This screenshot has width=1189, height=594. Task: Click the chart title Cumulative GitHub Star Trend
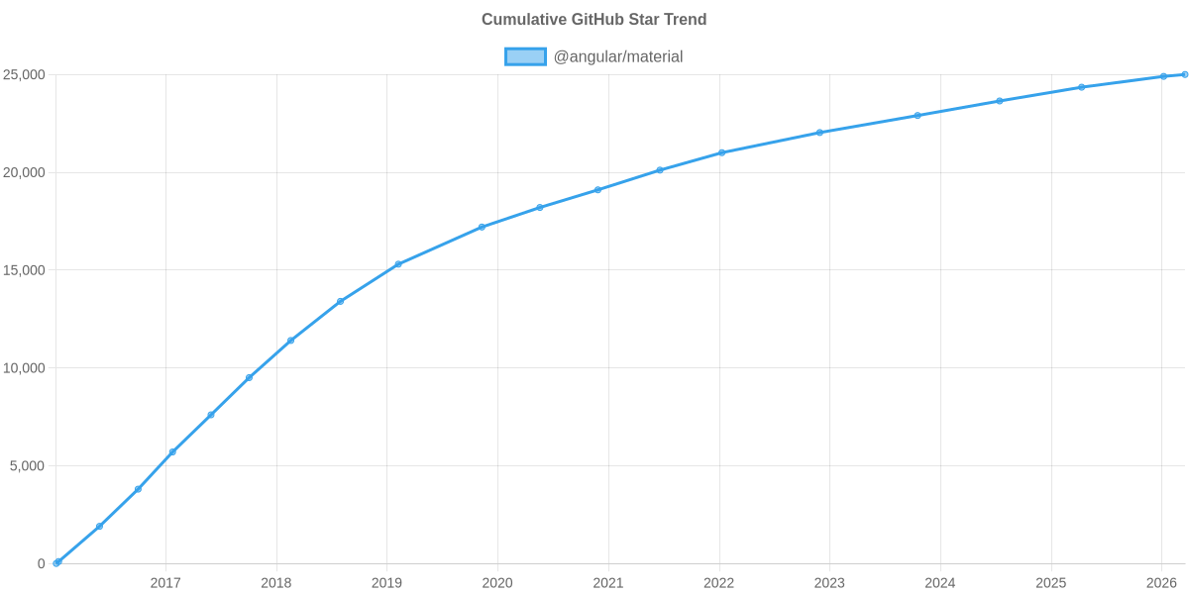(594, 20)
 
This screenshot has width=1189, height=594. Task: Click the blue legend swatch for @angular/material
(525, 56)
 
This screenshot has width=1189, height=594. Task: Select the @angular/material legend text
(617, 56)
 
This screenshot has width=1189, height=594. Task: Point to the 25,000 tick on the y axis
(25, 75)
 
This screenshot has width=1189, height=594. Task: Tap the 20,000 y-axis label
(25, 172)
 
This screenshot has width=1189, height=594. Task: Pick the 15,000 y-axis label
(25, 270)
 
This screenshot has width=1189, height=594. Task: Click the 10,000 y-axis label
(25, 368)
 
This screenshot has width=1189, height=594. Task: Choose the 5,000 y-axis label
(29, 465)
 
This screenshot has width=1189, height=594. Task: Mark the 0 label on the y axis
(42, 563)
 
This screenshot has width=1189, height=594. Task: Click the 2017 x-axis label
(165, 583)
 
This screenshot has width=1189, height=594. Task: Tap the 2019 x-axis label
(386, 583)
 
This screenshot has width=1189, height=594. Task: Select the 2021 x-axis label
(607, 583)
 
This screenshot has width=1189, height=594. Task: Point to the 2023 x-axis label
(829, 583)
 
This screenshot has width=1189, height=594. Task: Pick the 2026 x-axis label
(1160, 583)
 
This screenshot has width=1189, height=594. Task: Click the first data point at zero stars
(56, 562)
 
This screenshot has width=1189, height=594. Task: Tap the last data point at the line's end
(1185, 74)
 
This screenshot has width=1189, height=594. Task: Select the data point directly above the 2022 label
(722, 152)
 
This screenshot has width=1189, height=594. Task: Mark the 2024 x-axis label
(939, 583)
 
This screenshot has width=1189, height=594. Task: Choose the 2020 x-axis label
(497, 583)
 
